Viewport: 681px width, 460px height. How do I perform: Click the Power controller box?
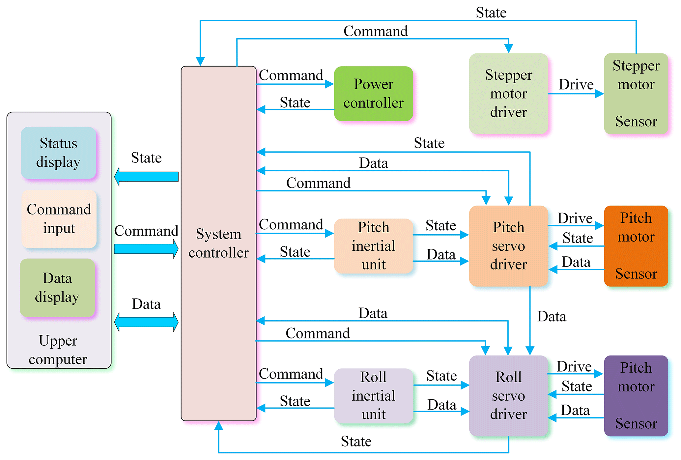tap(373, 94)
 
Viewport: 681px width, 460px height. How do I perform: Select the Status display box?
tap(58, 153)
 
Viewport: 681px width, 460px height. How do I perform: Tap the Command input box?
tap(59, 219)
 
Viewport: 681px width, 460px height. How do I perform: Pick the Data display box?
tap(57, 287)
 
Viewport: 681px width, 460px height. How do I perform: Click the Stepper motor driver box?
tap(508, 94)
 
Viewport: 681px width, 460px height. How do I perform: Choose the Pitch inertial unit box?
tap(373, 246)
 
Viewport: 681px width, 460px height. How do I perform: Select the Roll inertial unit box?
tap(373, 395)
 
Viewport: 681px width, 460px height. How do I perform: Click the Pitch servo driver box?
tap(508, 246)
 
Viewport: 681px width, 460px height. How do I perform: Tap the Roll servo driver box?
tap(508, 395)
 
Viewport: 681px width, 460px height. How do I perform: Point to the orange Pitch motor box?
tap(636, 246)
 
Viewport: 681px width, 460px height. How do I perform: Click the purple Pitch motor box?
tap(636, 395)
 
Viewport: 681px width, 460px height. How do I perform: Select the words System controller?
tap(218, 243)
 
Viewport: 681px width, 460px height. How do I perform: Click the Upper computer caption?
tap(58, 350)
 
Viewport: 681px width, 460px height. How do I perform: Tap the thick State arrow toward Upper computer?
tap(146, 177)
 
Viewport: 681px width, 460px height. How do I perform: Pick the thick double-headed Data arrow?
tap(146, 322)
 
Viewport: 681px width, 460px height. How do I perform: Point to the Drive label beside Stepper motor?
tap(576, 85)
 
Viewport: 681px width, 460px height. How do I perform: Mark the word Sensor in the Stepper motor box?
tap(636, 122)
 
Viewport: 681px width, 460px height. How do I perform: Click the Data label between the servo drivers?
tap(552, 317)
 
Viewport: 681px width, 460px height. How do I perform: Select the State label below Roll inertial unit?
tap(356, 442)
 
